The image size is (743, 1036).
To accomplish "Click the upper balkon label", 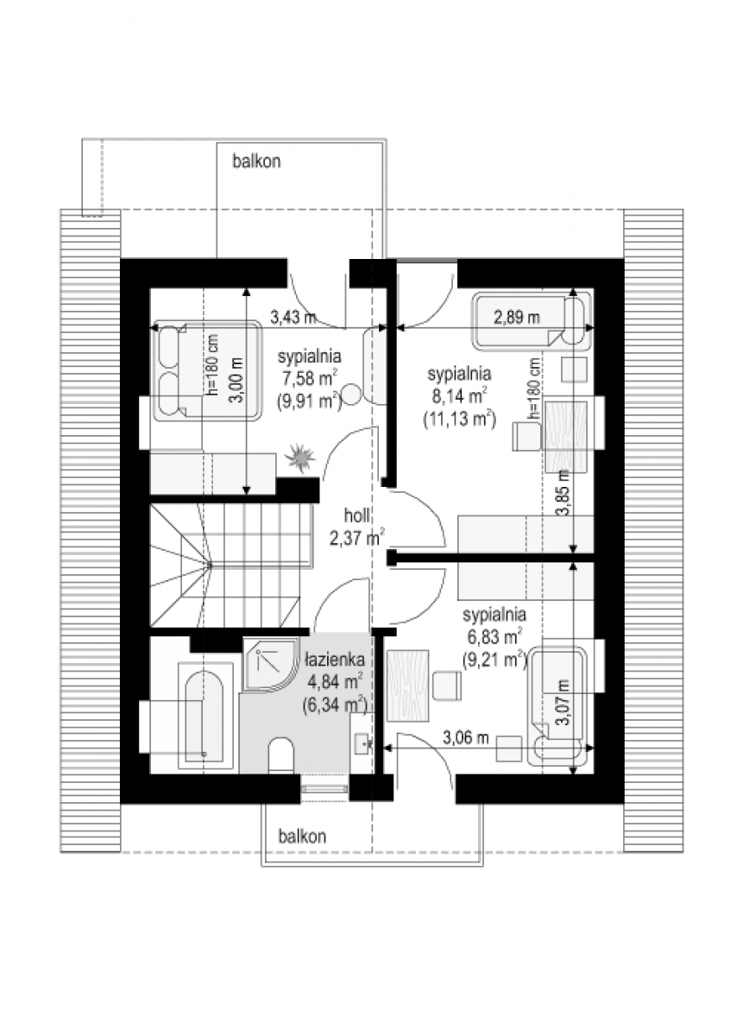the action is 256,161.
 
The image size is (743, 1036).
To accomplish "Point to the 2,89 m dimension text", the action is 517,318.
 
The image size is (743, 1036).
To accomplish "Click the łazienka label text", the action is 335,660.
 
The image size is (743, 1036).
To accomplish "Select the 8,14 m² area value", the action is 459,396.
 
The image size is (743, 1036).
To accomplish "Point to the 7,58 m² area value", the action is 309,379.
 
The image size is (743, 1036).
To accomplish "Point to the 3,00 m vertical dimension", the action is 236,381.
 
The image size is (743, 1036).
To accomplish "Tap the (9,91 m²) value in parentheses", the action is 309,401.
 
